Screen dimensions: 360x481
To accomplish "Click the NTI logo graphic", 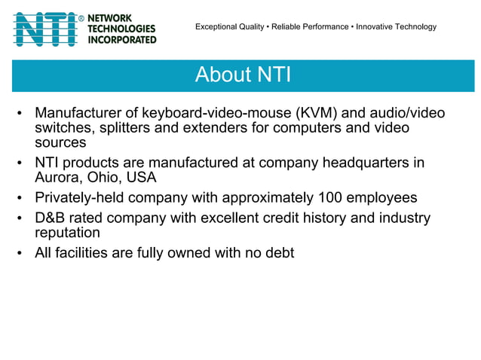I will (45, 29).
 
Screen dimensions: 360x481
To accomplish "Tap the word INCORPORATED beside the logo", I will (123, 39).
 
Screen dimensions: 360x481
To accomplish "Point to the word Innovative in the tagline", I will (376, 27).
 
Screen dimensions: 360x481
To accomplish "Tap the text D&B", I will (51, 218).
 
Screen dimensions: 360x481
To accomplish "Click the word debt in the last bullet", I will (279, 253).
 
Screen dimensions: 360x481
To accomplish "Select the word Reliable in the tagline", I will (286, 27).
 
